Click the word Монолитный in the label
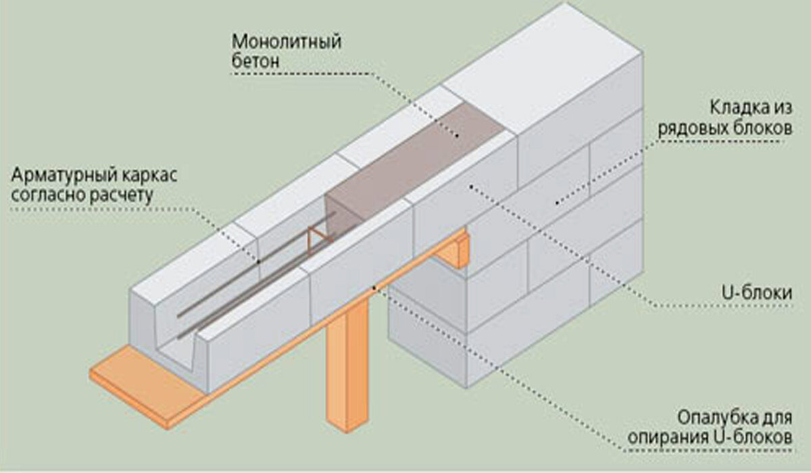[287, 41]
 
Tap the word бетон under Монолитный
[256, 62]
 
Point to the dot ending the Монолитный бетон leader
[457, 136]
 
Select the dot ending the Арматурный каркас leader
[258, 262]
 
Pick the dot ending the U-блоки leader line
[468, 184]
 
